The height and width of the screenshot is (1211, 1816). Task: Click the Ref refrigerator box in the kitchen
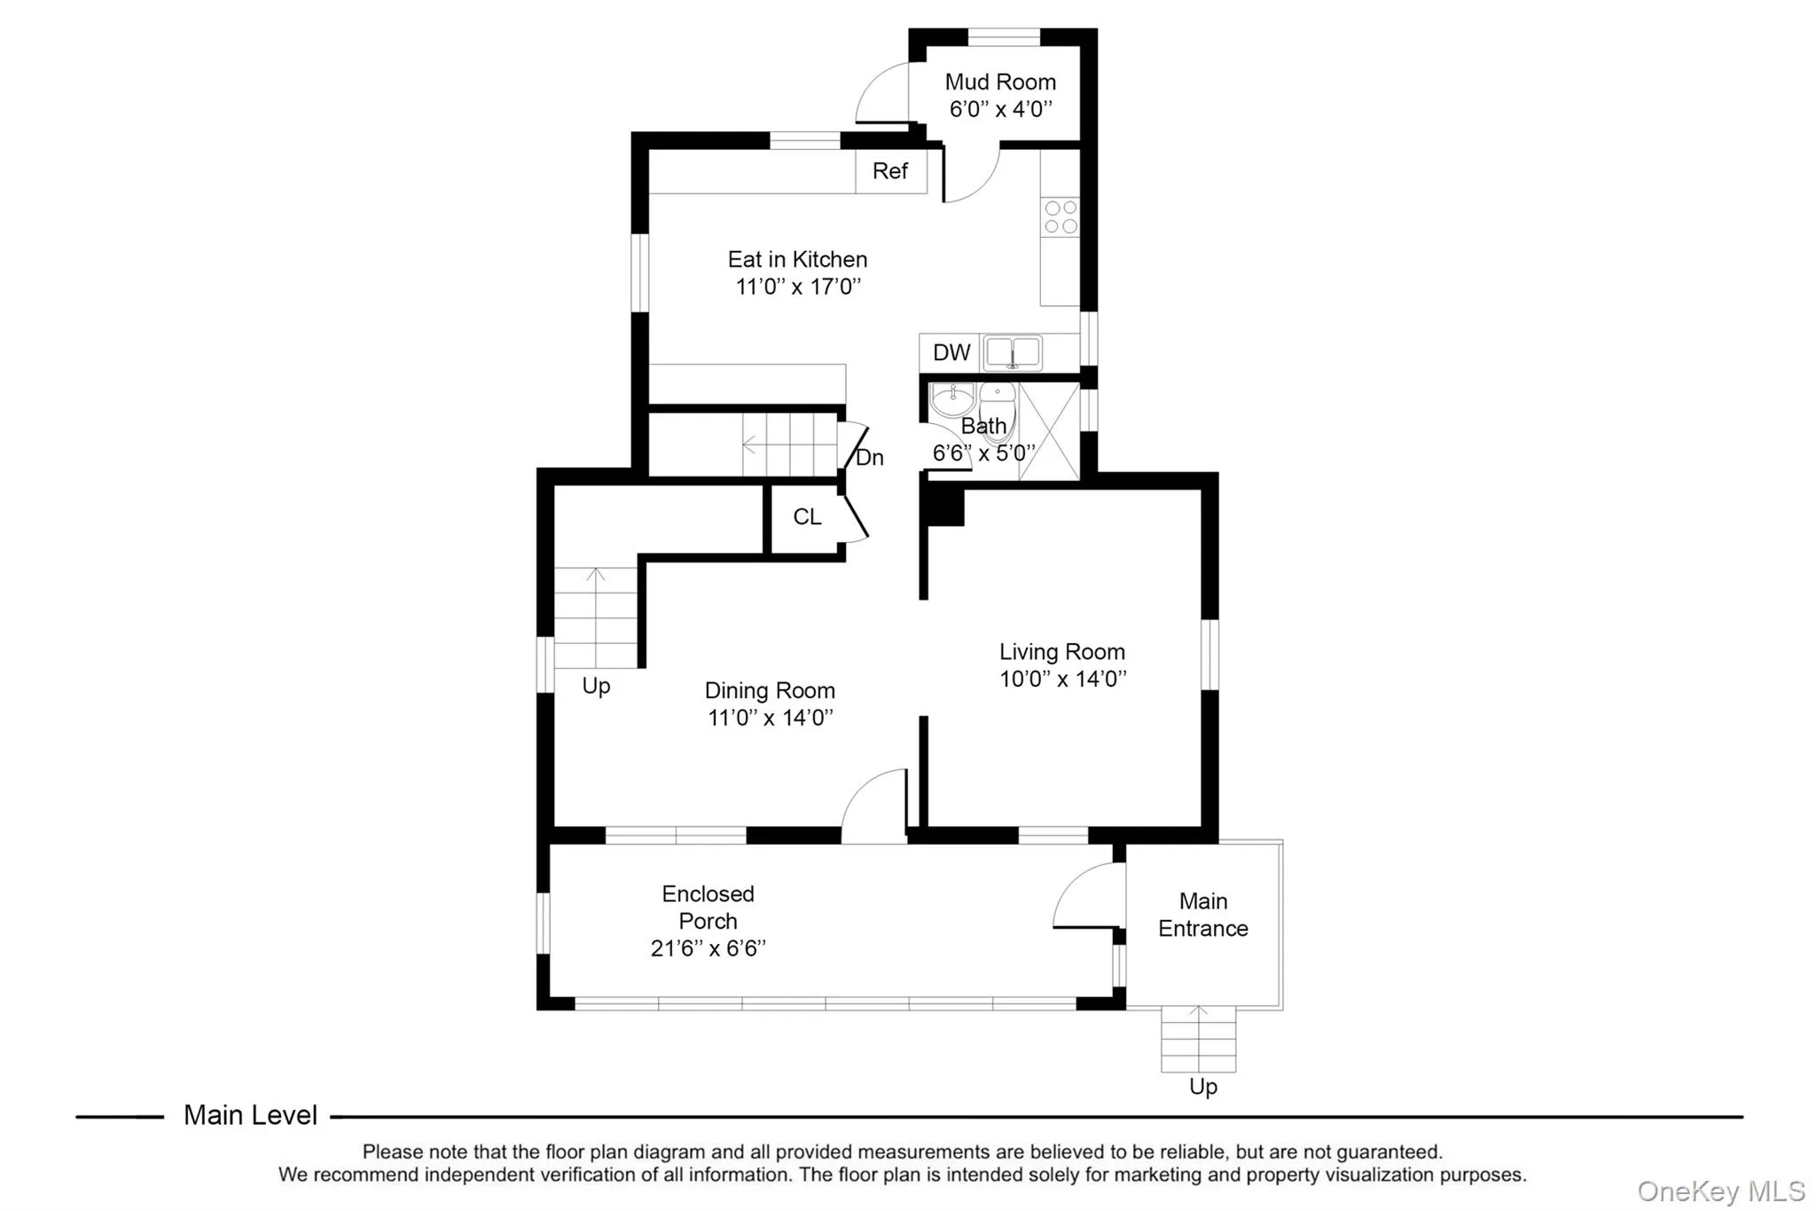coord(890,171)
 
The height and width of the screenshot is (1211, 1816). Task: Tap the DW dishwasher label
coord(951,353)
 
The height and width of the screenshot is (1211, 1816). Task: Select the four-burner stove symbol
coord(1061,217)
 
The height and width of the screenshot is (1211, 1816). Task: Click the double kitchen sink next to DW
coord(1012,352)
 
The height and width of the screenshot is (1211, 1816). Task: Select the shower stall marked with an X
coord(1049,432)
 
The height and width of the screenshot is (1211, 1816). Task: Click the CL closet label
coord(807,517)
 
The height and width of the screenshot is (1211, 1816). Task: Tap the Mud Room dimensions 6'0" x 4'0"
coord(1000,109)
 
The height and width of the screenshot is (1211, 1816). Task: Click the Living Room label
coord(1061,652)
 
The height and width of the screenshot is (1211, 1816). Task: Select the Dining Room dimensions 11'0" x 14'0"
coord(770,718)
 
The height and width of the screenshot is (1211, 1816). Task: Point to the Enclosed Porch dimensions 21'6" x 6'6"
coord(708,948)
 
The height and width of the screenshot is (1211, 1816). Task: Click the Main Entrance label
coord(1202,915)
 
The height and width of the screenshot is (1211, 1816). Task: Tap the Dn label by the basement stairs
coord(870,458)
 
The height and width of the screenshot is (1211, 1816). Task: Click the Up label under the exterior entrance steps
coord(1202,1087)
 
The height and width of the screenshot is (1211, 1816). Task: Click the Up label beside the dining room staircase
coord(596,686)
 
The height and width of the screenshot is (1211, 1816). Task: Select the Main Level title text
coord(250,1115)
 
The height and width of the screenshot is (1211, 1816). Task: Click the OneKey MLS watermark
coord(1720,1191)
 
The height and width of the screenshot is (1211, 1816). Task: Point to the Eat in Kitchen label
coord(797,260)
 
